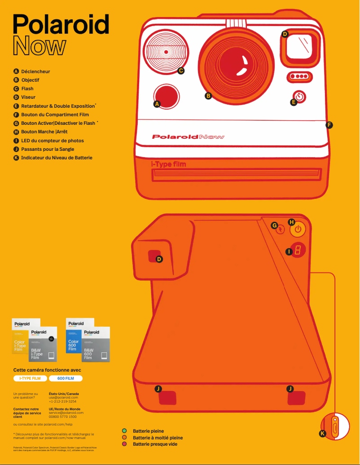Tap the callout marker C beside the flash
pyautogui.click(x=181, y=70)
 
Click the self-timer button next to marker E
pyautogui.click(x=300, y=96)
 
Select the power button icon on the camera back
pyautogui.click(x=298, y=229)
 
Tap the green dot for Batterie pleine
pyautogui.click(x=124, y=431)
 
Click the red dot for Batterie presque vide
pyautogui.click(x=124, y=444)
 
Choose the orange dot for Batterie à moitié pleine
pyautogui.click(x=124, y=438)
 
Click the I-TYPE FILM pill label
pyautogui.click(x=30, y=378)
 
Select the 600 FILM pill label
pyautogui.click(x=66, y=378)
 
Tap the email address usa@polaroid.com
pyautogui.click(x=63, y=397)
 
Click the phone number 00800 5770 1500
pyautogui.click(x=62, y=417)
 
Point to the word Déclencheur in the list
pyautogui.click(x=35, y=71)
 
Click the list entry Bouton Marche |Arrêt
pyautogui.click(x=44, y=132)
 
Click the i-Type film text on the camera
pyautogui.click(x=168, y=164)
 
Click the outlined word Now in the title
pyautogui.click(x=40, y=46)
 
